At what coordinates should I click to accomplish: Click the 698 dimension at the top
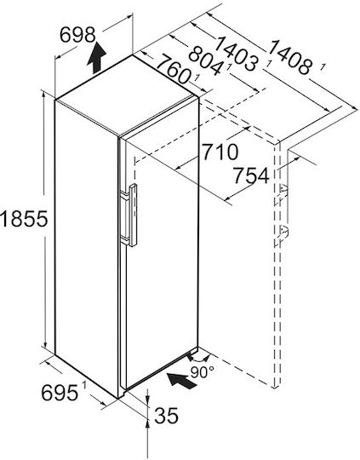click(x=77, y=35)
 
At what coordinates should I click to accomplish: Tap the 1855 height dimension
click(x=24, y=219)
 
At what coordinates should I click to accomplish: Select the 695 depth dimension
click(x=60, y=393)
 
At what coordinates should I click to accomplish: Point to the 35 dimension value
click(x=166, y=416)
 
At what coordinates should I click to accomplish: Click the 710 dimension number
click(x=220, y=152)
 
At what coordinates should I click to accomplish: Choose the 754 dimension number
click(x=251, y=175)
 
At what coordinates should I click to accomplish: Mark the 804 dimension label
click(x=205, y=61)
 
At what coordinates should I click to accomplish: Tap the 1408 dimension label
click(x=289, y=57)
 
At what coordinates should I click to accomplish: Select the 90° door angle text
click(x=203, y=372)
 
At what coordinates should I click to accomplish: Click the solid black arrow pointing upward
click(x=97, y=58)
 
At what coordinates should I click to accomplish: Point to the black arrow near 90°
click(x=182, y=380)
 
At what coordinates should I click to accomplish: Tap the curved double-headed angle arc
click(x=199, y=359)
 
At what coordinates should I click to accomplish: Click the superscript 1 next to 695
click(x=84, y=384)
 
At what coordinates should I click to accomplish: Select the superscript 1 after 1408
click(x=323, y=67)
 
